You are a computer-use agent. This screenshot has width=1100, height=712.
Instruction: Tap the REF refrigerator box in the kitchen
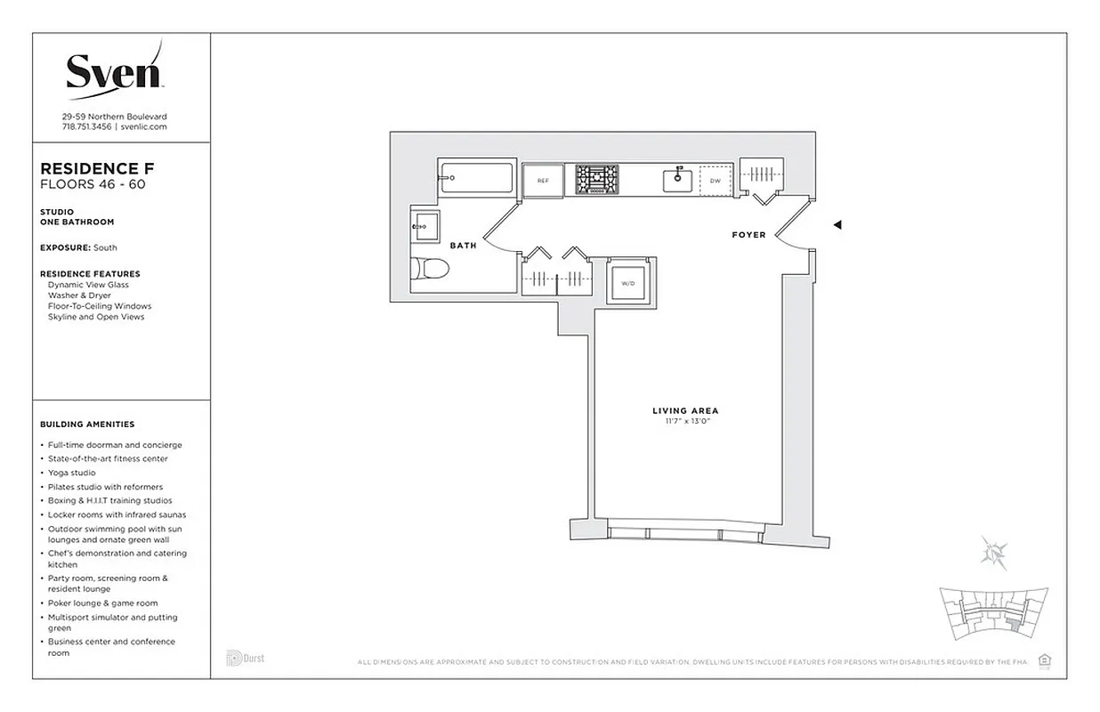point(542,180)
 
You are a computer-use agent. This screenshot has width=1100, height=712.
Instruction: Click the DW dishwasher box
point(715,181)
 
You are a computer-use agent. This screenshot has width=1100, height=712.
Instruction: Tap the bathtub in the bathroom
point(476,178)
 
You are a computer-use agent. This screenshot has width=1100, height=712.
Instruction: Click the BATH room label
point(463,246)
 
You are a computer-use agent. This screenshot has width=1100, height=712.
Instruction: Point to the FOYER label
point(748,235)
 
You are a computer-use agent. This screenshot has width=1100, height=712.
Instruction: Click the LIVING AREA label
point(685,411)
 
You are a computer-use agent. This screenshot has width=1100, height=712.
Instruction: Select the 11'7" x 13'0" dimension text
point(685,421)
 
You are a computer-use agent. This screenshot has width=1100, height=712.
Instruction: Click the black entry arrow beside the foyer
point(837,225)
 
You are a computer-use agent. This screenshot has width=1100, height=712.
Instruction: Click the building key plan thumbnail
point(993,613)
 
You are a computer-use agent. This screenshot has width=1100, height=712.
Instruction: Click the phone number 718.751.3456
point(86,127)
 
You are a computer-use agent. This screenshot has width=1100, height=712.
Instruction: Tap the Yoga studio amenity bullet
point(71,473)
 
